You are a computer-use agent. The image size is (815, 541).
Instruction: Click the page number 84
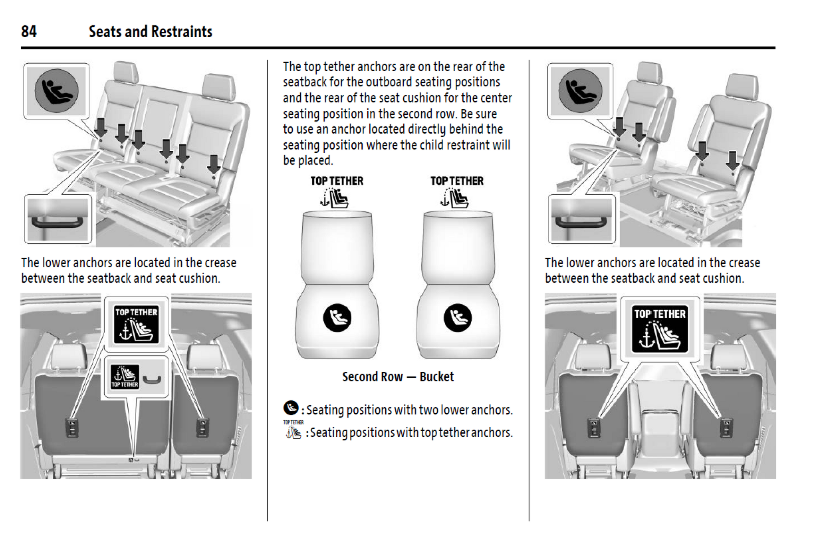tap(29, 31)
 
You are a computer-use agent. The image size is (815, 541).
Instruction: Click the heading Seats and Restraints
tap(150, 32)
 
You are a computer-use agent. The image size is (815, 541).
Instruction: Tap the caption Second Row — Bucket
tap(398, 376)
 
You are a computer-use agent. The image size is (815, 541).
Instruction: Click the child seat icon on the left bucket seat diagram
tap(337, 318)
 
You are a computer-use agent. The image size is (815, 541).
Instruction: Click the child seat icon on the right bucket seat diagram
tap(458, 318)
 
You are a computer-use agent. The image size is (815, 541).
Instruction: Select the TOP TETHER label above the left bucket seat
tap(337, 181)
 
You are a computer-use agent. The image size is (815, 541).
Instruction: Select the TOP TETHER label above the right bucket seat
tap(457, 181)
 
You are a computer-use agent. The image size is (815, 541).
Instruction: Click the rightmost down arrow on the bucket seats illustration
tap(732, 160)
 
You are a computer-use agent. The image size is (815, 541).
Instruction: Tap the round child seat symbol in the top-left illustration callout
tap(57, 91)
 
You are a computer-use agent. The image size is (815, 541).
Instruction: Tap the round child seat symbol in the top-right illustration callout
tap(580, 91)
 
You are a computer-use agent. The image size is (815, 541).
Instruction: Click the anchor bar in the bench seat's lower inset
tap(57, 222)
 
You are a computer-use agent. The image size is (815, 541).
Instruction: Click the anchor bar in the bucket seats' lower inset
tap(581, 222)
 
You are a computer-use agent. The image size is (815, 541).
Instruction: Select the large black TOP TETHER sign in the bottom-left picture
tap(137, 325)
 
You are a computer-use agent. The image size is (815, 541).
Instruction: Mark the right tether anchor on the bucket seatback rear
tap(726, 428)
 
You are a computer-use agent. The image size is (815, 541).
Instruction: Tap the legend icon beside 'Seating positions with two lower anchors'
tap(291, 408)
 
